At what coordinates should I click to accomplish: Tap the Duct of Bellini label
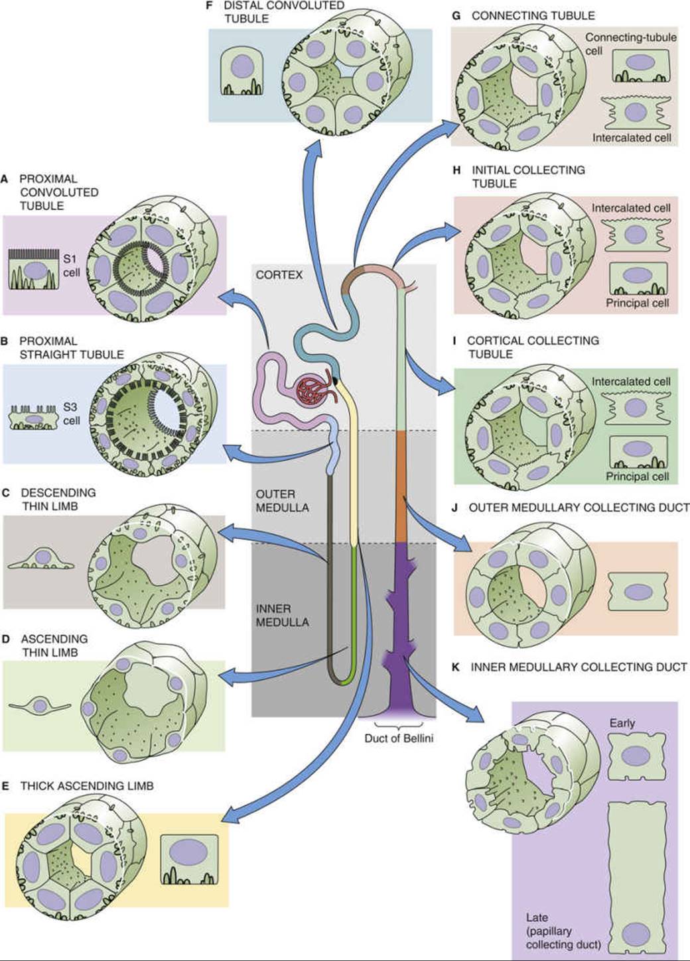[x=399, y=738]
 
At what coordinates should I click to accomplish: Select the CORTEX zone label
[x=279, y=274]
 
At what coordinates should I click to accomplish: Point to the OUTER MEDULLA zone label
[x=282, y=500]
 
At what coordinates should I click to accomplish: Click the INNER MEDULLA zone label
[x=282, y=615]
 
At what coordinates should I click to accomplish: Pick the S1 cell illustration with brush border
[x=34, y=270]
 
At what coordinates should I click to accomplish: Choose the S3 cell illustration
[x=34, y=417]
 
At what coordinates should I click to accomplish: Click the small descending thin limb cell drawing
[x=41, y=558]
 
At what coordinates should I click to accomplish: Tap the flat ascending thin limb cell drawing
[x=40, y=705]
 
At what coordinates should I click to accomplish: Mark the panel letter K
[x=455, y=667]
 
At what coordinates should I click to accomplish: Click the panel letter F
[x=210, y=6]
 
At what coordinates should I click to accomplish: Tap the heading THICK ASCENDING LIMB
[x=87, y=785]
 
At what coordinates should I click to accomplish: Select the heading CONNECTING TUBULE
[x=533, y=16]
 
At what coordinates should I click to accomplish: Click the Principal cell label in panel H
[x=638, y=303]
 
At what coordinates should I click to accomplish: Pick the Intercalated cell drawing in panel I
[x=636, y=408]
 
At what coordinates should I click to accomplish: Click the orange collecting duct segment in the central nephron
[x=401, y=487]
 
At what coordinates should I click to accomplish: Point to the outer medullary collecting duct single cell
[x=638, y=592]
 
